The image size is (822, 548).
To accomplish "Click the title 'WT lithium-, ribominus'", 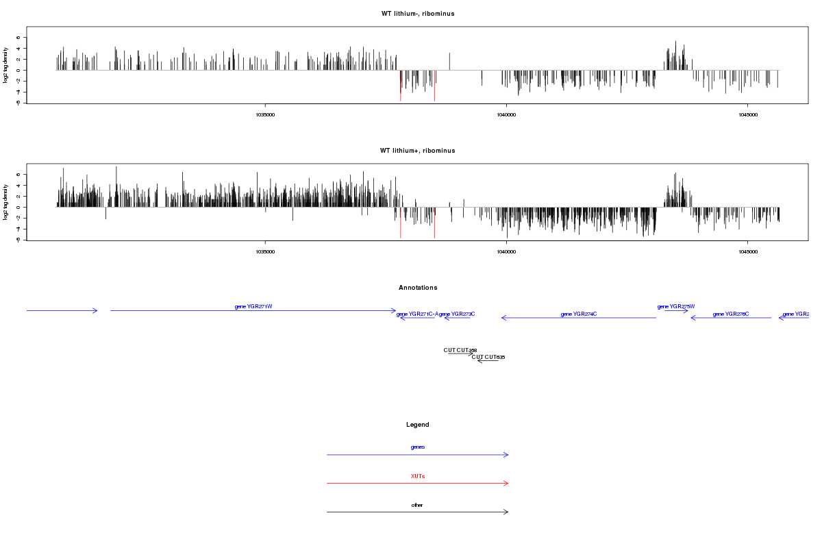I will pos(418,14).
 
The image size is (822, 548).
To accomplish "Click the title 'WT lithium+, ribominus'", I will pos(418,151).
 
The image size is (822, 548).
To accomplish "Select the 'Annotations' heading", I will pos(418,288).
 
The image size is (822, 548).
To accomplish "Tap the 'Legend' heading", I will pos(418,425).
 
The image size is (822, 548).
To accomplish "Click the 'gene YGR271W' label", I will pos(253,306).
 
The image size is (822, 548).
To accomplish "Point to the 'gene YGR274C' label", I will pos(579,314).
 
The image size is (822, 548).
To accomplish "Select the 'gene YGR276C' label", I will pos(731,314).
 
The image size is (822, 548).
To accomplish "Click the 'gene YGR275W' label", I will pos(676,306).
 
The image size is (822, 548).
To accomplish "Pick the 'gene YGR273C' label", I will pos(457,314).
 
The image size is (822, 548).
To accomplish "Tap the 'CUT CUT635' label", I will pos(488,357).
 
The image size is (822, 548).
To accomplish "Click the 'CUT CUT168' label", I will pos(460,350).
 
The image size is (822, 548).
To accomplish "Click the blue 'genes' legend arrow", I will pos(418,455).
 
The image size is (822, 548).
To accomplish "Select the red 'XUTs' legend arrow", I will pos(418,484).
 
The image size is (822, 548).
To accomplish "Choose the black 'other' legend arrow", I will pos(418,512).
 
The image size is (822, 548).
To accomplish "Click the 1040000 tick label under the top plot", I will pos(506,115).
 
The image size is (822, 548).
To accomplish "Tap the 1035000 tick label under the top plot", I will pos(265,115).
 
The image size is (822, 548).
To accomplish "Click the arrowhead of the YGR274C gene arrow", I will pos(503,318).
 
